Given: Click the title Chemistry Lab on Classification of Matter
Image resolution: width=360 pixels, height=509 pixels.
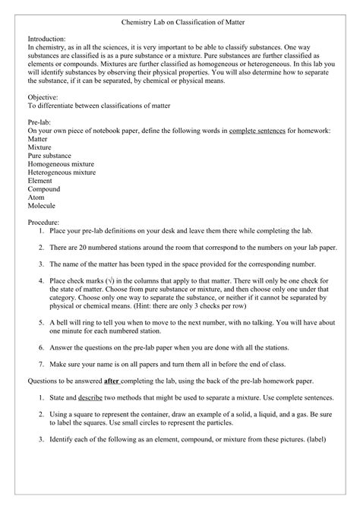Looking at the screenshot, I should click(x=180, y=26).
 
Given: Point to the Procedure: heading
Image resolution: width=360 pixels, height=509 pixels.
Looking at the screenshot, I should click(x=48, y=221).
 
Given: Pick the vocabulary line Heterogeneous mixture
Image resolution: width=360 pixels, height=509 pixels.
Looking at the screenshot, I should click(x=62, y=172).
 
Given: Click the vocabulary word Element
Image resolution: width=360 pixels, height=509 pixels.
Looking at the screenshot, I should click(x=42, y=181).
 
